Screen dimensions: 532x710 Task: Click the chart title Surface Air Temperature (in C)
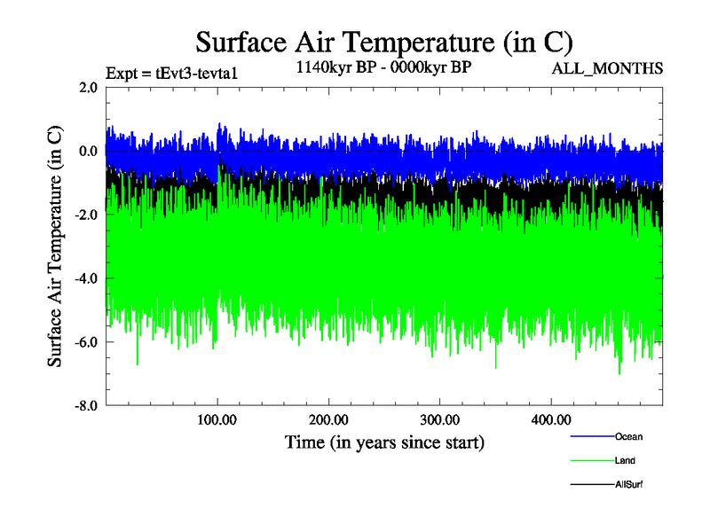click(384, 43)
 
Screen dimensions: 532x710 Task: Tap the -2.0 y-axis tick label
click(85, 215)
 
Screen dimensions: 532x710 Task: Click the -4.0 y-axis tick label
click(85, 278)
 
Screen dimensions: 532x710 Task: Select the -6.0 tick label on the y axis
click(85, 342)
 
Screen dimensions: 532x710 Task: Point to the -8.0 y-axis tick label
click(85, 405)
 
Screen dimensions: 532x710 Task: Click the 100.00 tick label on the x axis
click(217, 419)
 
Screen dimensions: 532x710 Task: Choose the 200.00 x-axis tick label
click(328, 419)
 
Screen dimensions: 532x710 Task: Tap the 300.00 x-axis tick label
click(439, 419)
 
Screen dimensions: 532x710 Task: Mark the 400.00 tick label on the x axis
click(550, 419)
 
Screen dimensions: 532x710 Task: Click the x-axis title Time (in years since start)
click(384, 441)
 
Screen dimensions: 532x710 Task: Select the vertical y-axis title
click(55, 246)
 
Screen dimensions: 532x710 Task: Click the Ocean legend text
click(628, 436)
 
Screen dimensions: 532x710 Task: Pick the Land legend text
click(625, 461)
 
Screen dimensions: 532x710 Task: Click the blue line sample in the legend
click(590, 436)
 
